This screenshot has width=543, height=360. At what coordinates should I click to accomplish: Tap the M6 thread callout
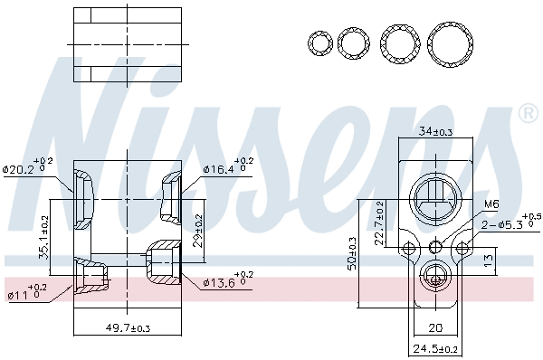(x=491, y=204)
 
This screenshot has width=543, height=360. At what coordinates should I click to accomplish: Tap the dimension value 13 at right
(x=488, y=261)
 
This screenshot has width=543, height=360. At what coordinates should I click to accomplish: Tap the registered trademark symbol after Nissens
(x=527, y=114)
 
